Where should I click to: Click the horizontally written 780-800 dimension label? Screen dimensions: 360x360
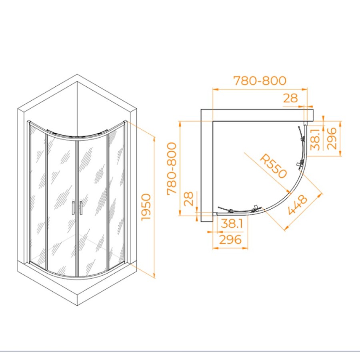click(260, 80)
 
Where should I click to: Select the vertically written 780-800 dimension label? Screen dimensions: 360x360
click(172, 169)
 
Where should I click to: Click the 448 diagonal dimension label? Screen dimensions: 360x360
click(298, 204)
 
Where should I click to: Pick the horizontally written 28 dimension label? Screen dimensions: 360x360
click(291, 98)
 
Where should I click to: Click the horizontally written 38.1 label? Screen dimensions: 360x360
click(232, 223)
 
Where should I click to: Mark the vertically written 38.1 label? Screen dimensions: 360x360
click(315, 139)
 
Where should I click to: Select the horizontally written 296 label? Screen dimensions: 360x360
click(230, 240)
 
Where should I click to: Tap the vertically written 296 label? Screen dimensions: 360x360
click(331, 138)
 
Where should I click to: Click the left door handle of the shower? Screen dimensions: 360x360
click(73, 208)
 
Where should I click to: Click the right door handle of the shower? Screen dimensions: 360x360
click(81, 208)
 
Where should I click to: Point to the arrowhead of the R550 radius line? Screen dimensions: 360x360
click(288, 192)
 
